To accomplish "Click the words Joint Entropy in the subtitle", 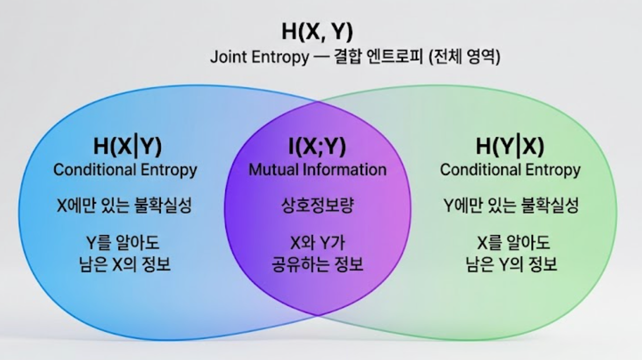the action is pos(260,57).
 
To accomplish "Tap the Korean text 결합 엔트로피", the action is pos(379,57).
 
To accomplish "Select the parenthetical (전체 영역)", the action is pos(464,57).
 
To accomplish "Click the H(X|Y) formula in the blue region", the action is pos(128,147).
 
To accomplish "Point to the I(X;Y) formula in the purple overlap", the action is pos(317,147).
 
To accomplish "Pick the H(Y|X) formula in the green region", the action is pos(510,147).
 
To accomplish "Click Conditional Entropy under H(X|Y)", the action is pos(125,170).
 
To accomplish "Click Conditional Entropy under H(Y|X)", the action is pos(510,170).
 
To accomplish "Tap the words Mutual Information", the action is pos(318,170).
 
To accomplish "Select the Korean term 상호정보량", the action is pos(318,205).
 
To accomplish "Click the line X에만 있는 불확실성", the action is pos(124,205).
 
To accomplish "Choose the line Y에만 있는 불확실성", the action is pos(511,205).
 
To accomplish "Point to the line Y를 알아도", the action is pos(123,243).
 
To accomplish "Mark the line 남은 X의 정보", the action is pos(125,264).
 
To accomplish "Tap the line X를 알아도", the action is pos(514,243).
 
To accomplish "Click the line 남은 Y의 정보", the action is pos(511,264).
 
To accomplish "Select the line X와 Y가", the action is pos(318,243).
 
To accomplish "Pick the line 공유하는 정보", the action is pos(318,264).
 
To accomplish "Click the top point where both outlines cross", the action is pos(318,101).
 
